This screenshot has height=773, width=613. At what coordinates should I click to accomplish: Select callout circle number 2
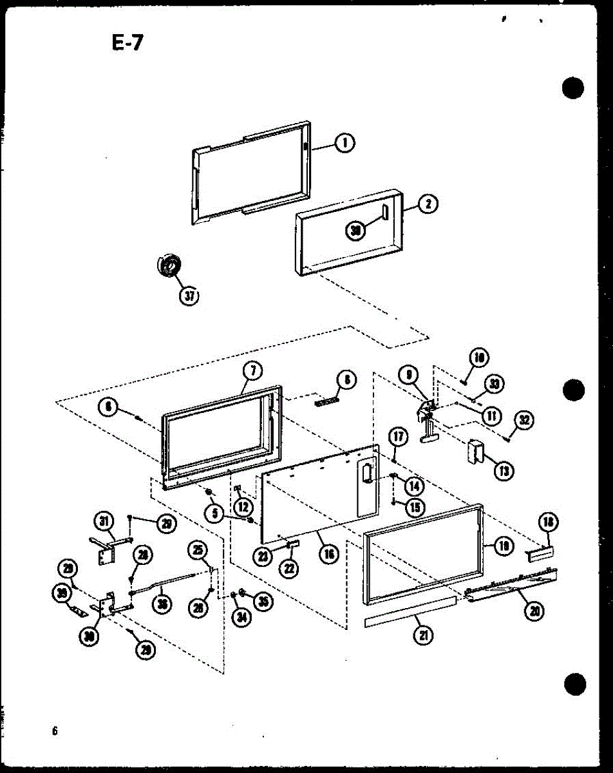[x=428, y=204]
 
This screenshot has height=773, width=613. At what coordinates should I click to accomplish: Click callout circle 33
[x=495, y=385]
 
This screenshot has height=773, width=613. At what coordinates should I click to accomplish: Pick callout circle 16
[x=329, y=553]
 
